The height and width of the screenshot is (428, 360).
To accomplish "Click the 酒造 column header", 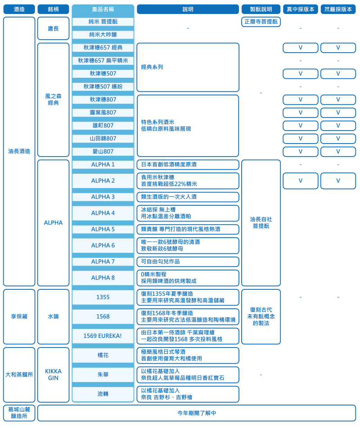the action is click(19, 9).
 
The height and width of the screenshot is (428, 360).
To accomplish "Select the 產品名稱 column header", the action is click(103, 9).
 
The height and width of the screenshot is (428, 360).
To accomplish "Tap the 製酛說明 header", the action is click(261, 9).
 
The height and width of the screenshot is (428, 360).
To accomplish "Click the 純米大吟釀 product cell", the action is click(103, 35).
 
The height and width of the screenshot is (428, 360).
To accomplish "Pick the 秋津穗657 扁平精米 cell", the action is click(103, 61).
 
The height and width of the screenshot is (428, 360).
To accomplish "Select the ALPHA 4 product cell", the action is click(103, 213).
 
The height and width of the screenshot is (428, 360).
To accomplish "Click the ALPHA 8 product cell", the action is click(103, 278).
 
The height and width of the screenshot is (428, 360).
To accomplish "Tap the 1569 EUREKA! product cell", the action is click(103, 336).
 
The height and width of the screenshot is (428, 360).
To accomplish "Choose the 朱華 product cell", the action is click(103, 374).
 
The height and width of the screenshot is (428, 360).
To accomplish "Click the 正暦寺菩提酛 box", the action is click(261, 22).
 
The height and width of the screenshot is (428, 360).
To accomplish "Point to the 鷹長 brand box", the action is click(53, 28).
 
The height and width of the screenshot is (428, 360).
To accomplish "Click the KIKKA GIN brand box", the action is click(53, 374).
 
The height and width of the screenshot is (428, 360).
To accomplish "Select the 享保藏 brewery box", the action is click(19, 317).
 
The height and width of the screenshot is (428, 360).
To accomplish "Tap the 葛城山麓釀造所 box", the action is click(19, 413).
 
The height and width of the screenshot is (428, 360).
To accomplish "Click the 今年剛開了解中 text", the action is click(197, 413).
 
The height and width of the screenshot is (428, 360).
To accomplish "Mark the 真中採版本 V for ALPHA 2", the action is click(301, 181).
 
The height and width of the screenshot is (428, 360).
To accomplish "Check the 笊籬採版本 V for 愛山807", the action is click(338, 152).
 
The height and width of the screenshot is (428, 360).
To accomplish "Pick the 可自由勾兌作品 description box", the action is click(188, 261).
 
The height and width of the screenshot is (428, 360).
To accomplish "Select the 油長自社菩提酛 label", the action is click(261, 223).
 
